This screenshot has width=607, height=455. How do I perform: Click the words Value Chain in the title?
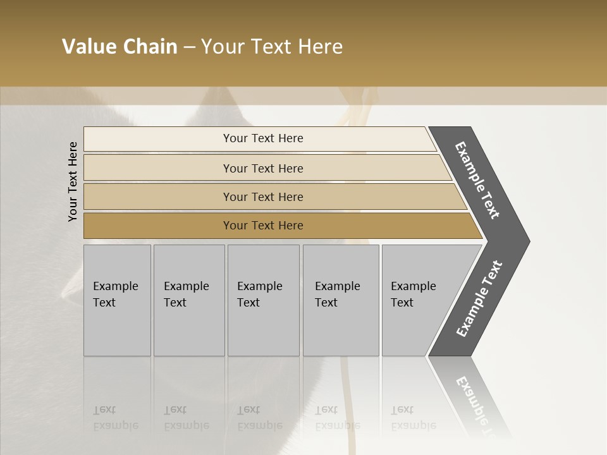tap(120, 47)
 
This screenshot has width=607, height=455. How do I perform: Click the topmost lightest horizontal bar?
tap(262, 138)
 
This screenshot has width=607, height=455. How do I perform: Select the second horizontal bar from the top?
tap(262, 168)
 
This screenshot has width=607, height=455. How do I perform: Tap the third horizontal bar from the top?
tap(262, 197)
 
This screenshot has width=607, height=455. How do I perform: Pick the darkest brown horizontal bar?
tap(262, 226)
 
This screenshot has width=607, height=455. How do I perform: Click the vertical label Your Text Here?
tap(73, 181)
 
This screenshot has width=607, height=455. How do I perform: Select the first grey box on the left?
tap(117, 300)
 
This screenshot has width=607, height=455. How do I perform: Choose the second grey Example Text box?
tap(188, 300)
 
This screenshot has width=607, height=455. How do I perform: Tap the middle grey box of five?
tap(263, 300)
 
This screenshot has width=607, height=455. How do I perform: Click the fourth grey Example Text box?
tap(340, 300)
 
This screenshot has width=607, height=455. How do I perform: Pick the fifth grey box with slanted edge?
tap(417, 300)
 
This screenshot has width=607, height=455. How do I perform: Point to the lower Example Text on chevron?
tap(479, 299)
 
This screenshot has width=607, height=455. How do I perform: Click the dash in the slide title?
tap(189, 47)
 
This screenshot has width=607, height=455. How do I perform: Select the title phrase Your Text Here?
tap(272, 47)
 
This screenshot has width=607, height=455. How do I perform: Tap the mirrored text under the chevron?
tap(475, 404)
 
